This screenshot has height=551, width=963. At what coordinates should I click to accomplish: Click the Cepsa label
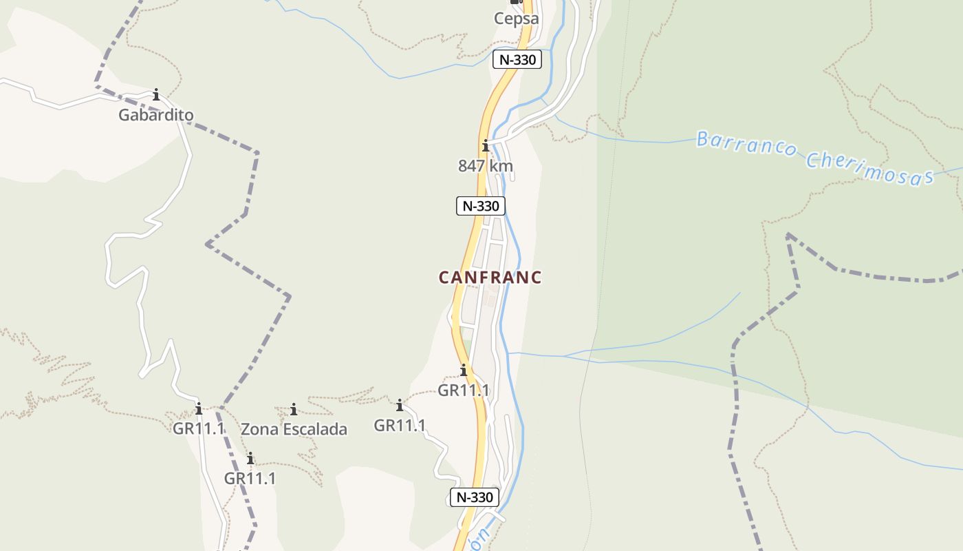pos(516,19)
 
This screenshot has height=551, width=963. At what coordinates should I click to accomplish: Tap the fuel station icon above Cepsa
pos(516,2)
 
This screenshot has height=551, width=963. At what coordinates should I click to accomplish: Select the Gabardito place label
pos(155,115)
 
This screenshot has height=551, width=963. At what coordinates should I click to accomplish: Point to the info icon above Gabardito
pos(156,94)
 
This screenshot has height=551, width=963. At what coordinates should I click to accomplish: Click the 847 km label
pos(486,166)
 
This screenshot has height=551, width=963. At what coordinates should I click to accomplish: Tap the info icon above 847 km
pos(486,145)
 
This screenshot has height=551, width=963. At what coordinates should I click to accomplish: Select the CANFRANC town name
pos(490,278)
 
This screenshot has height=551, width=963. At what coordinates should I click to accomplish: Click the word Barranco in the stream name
pos(746,145)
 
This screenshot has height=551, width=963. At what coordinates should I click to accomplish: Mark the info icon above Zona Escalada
pos(294,410)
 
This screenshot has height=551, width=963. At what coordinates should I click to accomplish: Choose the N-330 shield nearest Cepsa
pos(517,60)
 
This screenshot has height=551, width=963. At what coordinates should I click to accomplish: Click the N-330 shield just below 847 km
pos(481,205)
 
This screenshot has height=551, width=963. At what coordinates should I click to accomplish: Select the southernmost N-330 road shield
pos(475,497)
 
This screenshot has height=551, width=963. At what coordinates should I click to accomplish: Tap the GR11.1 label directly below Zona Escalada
pos(250,478)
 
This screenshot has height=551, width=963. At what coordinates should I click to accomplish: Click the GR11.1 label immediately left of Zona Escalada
pos(198,428)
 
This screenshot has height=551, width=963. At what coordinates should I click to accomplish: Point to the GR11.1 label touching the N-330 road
pos(464,391)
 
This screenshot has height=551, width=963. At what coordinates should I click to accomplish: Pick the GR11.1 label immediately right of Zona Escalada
pos(400,426)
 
